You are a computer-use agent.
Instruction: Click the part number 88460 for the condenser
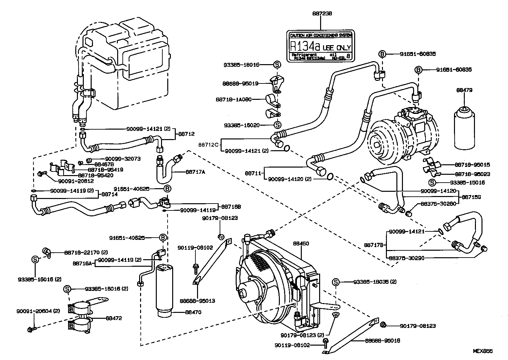(301, 243)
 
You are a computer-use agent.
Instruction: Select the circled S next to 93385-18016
(277, 65)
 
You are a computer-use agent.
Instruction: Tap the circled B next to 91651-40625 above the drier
(163, 238)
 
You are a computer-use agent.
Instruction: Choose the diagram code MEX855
(482, 351)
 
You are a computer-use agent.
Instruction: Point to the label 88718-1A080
(234, 99)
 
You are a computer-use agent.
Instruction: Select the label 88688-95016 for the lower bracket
(382, 341)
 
